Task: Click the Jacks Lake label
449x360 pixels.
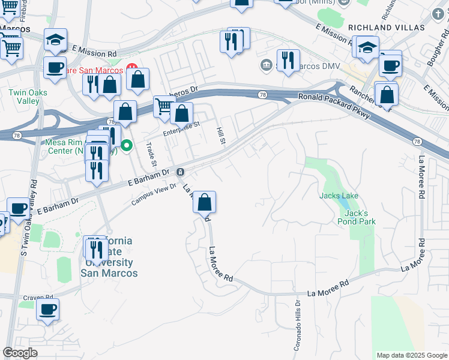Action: [339, 196]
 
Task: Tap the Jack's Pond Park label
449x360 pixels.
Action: [360, 217]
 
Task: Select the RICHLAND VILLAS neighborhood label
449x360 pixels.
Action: [386, 28]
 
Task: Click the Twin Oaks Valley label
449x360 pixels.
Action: [24, 97]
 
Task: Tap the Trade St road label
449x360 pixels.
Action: [151, 155]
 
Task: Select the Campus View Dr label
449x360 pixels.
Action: [154, 194]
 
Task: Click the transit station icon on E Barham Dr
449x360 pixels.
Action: [180, 172]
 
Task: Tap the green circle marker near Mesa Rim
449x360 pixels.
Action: [127, 145]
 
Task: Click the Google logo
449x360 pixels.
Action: [20, 353]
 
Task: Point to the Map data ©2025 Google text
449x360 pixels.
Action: [411, 355]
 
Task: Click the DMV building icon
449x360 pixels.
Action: [266, 64]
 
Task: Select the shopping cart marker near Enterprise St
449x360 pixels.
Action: [164, 106]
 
